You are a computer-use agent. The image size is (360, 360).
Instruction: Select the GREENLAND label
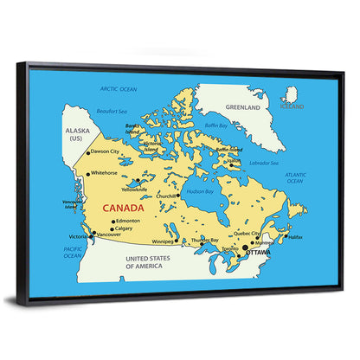(243, 108)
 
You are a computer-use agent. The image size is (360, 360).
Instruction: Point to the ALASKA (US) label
(78, 134)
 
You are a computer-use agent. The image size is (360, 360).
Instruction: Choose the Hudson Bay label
(200, 190)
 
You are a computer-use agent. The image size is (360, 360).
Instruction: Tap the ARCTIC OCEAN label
(119, 89)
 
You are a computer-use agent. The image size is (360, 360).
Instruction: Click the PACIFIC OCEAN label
(73, 252)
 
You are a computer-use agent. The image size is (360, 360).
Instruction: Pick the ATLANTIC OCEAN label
(295, 177)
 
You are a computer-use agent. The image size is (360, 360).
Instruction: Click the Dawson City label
(105, 151)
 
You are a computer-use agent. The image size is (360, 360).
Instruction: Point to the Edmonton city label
(127, 221)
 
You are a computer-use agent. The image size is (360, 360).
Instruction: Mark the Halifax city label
(295, 236)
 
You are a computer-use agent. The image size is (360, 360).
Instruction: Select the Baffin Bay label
(216, 125)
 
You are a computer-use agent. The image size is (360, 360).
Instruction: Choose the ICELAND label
(292, 106)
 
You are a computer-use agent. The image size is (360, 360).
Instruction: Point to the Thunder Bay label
(205, 239)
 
